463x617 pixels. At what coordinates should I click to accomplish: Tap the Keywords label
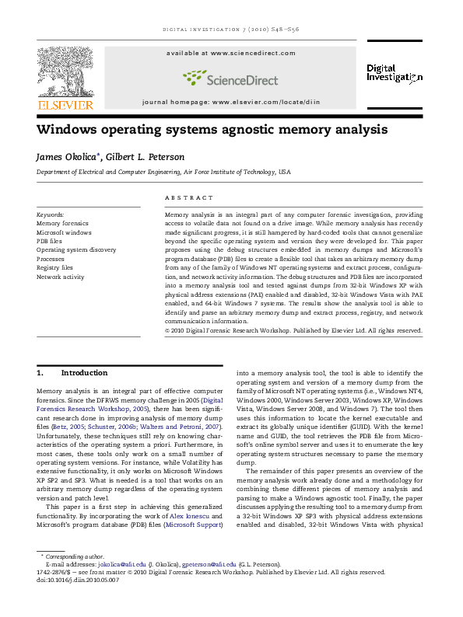tap(51, 213)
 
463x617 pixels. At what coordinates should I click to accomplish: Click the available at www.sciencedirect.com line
tap(231, 52)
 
